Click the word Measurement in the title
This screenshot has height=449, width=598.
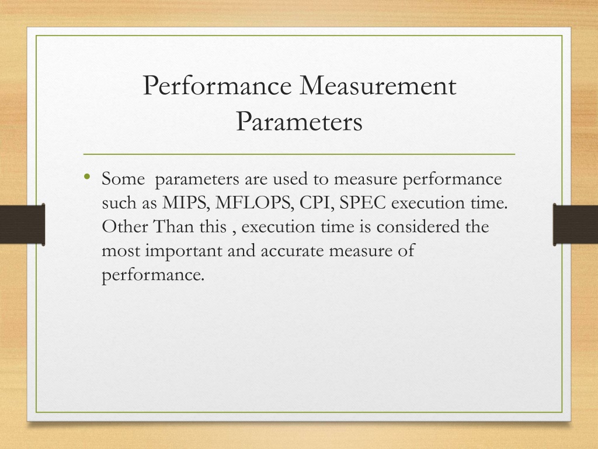[378, 85]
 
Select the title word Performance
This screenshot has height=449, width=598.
[217, 85]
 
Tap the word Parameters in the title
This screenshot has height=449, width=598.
[299, 122]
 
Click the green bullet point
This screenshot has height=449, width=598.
[88, 177]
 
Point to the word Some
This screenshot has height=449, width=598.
[123, 179]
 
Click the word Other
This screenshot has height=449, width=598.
[125, 226]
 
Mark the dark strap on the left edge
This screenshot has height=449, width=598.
[23, 224]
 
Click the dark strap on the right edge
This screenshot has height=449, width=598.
[575, 224]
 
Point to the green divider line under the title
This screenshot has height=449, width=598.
[299, 154]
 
